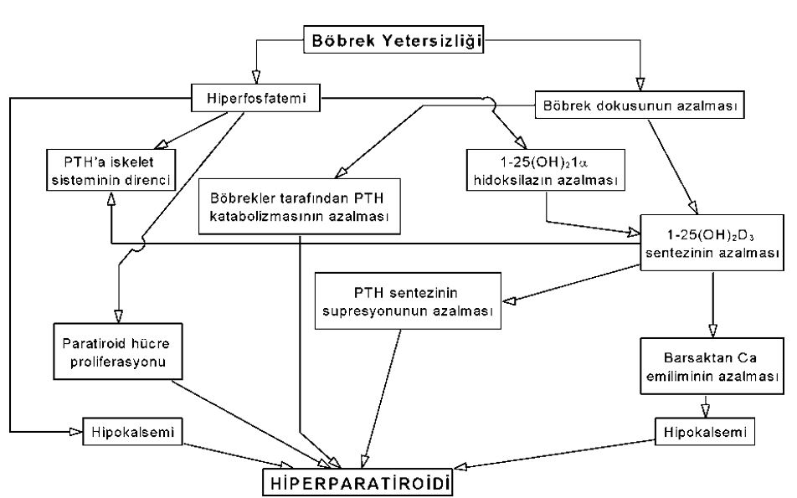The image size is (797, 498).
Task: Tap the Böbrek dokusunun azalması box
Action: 639,106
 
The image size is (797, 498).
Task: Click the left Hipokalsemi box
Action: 131,432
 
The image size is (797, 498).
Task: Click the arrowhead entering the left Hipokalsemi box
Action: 74,432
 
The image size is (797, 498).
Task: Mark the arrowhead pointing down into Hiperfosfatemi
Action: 249,76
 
